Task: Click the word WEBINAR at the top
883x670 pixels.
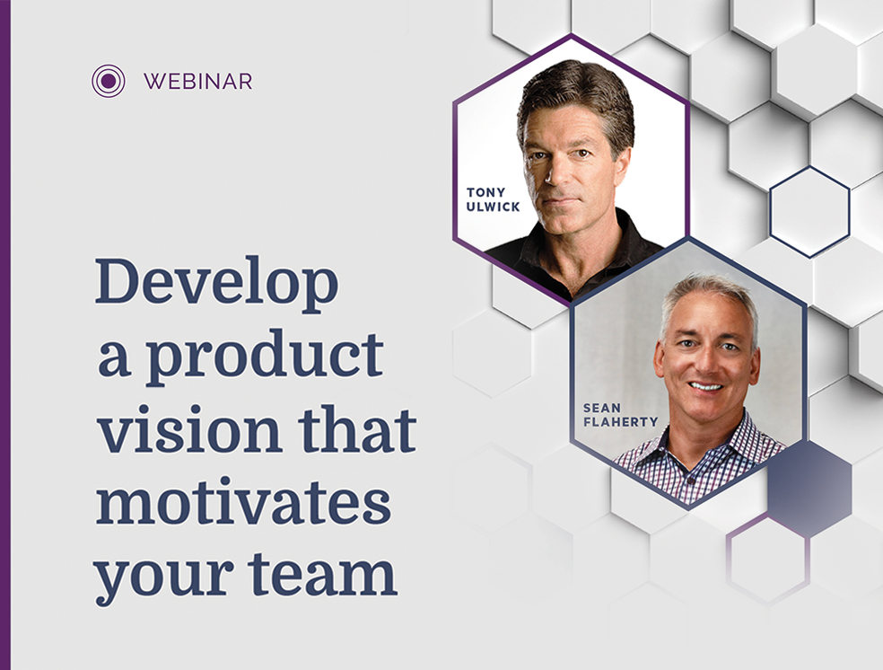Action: coord(197,82)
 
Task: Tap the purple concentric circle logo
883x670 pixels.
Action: coord(108,81)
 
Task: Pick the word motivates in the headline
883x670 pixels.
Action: coord(243,501)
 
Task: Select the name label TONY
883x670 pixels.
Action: coord(486,193)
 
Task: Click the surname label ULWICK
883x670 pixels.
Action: coord(493,207)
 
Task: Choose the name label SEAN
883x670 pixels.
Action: coord(602,408)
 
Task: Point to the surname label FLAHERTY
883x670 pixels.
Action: coord(621,422)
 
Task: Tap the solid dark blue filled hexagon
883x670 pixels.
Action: coord(809,489)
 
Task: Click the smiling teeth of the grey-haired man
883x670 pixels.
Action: coord(706,386)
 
